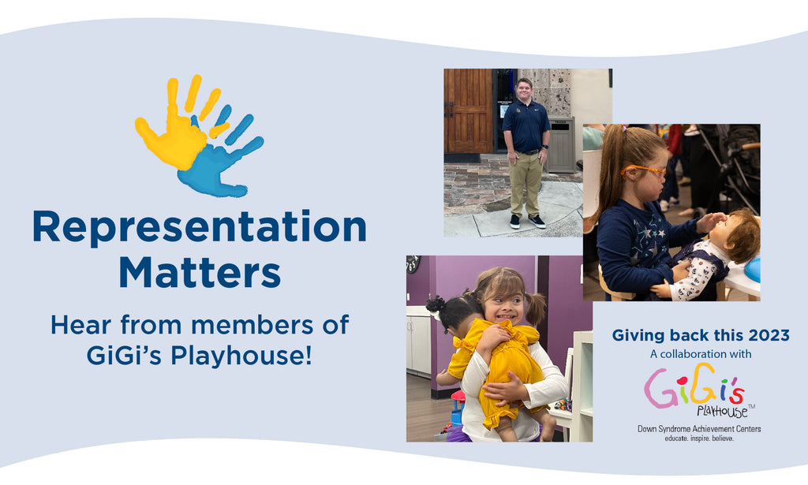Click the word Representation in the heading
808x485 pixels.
pyautogui.click(x=200, y=228)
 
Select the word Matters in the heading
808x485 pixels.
pyautogui.click(x=200, y=271)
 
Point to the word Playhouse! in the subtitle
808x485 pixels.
pyautogui.click(x=241, y=355)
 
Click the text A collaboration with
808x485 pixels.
pyautogui.click(x=701, y=354)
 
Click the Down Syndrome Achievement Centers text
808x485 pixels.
pyautogui.click(x=699, y=429)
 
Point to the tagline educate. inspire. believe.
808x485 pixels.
pyautogui.click(x=699, y=438)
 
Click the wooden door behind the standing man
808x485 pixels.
pyautogui.click(x=469, y=110)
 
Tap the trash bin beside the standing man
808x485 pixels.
pyautogui.click(x=561, y=145)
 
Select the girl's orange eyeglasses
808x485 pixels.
pyautogui.click(x=644, y=170)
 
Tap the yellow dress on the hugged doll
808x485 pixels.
pyautogui.click(x=495, y=371)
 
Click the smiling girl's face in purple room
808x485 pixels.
pyautogui.click(x=503, y=302)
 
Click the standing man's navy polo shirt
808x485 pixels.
pyautogui.click(x=526, y=125)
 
